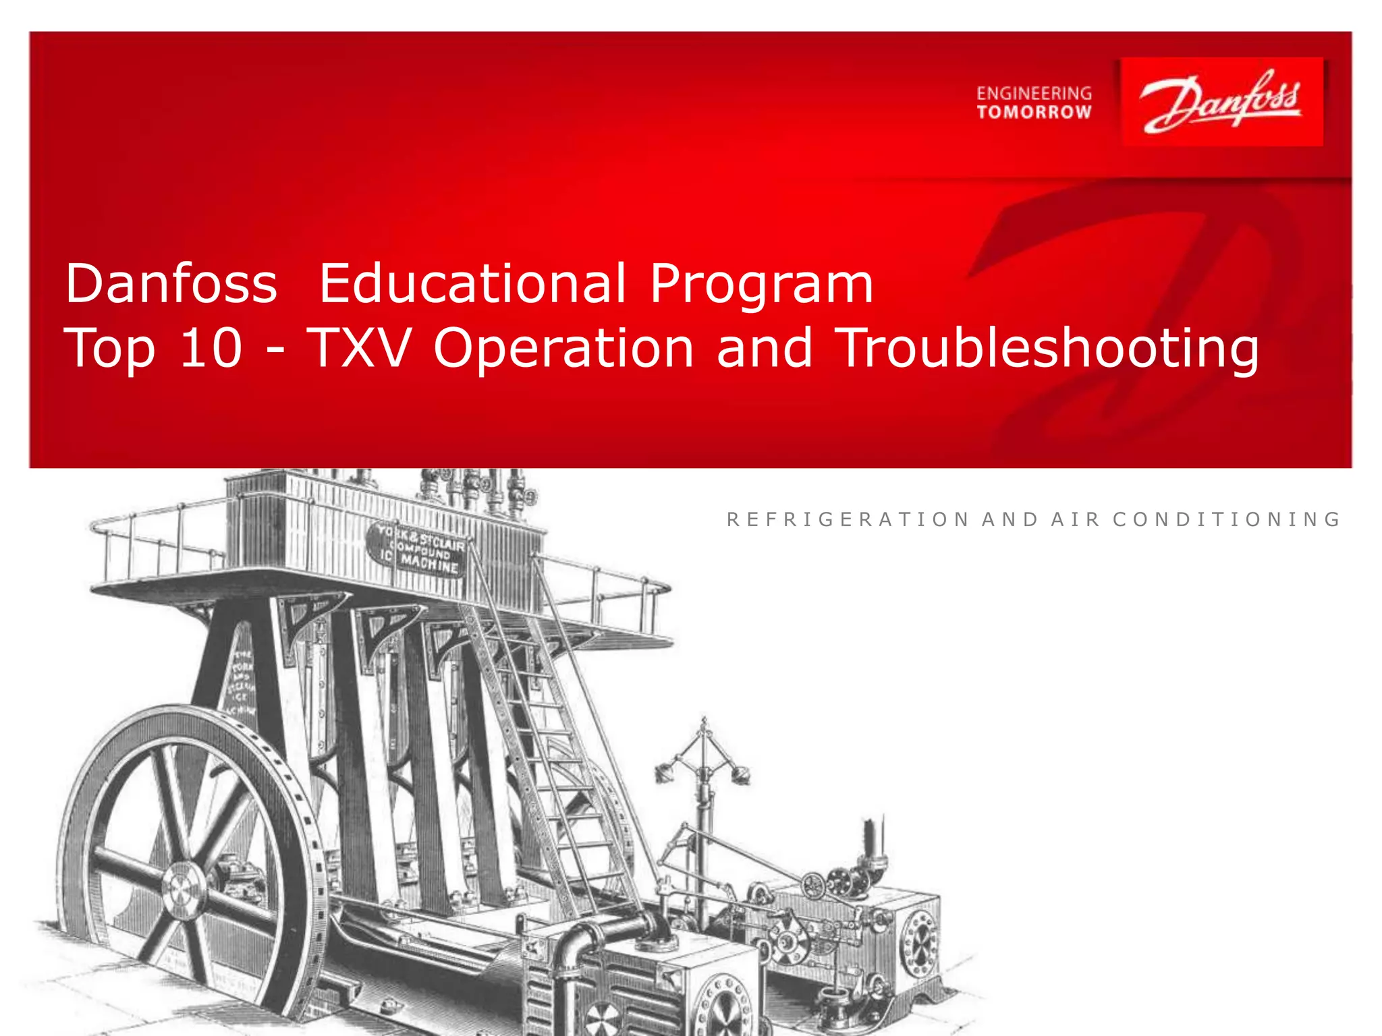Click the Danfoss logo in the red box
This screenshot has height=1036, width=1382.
1221,102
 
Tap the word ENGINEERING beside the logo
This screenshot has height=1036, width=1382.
1034,93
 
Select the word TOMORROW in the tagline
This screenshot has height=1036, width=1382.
1034,112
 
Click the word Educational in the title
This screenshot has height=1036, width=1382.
472,284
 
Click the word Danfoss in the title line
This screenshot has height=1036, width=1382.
171,284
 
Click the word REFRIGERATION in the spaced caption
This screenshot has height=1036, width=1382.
848,519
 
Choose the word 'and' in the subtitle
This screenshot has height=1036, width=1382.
764,347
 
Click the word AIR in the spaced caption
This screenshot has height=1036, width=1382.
1076,519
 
